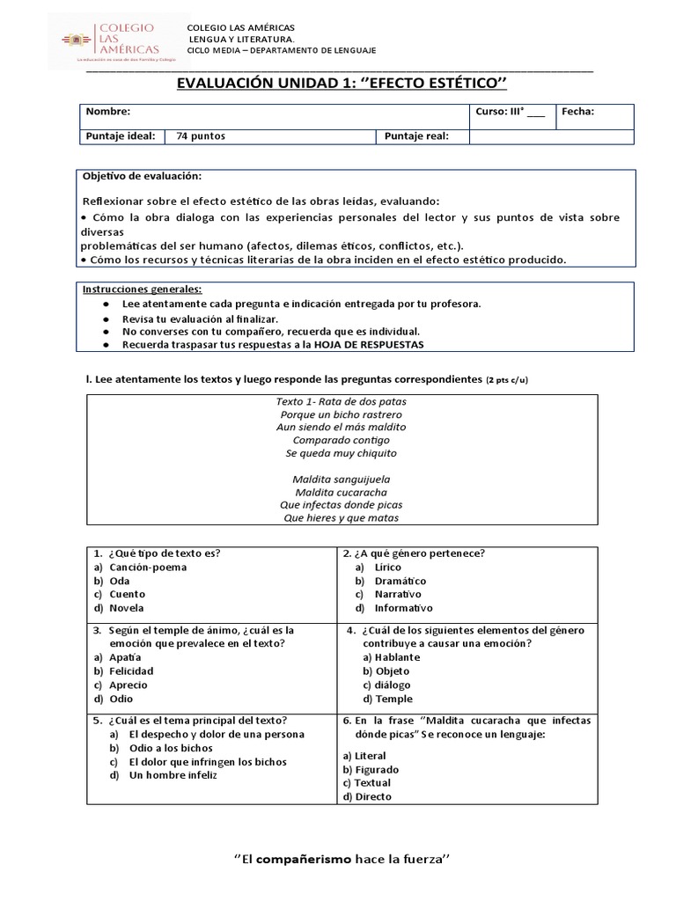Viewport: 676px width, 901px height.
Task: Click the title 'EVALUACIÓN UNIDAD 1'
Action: coord(343,84)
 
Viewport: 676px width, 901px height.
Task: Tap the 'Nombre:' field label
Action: coord(108,112)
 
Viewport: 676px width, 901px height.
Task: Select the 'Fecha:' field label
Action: coord(578,112)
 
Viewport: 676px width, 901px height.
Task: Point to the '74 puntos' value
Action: coord(202,136)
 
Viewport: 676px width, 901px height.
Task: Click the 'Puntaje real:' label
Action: coord(416,136)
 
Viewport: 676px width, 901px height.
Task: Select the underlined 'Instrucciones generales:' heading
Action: coord(142,289)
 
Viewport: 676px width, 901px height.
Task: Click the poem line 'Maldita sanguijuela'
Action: coord(341,479)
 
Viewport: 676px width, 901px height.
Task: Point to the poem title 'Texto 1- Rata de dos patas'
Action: coord(341,401)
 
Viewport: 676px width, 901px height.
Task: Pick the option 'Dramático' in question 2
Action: coord(400,581)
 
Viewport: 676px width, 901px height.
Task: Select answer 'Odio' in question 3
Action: coord(122,699)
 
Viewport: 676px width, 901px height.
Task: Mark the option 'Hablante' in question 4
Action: coord(397,657)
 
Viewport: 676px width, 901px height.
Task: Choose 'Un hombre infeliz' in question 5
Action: coord(173,775)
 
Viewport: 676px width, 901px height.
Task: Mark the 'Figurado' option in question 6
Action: coord(370,769)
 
